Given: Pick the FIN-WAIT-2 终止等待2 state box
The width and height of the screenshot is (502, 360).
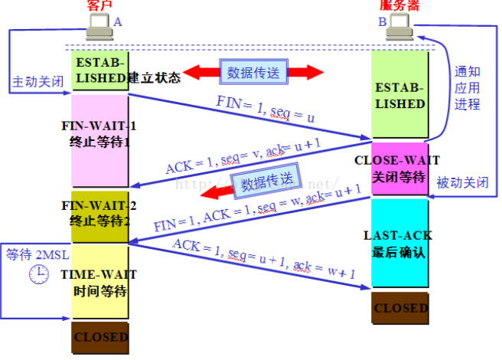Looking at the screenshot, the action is tap(99, 218).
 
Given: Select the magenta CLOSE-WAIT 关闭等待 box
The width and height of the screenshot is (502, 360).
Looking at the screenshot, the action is tap(399, 169).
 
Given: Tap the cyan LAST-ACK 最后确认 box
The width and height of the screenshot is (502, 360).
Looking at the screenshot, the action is tap(399, 244).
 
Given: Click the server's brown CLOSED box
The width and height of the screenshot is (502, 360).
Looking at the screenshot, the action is tap(399, 308).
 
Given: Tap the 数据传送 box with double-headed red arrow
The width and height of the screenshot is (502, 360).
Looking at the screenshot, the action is tap(253, 72).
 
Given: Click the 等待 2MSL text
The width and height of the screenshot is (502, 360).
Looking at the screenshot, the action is tap(34, 255).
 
